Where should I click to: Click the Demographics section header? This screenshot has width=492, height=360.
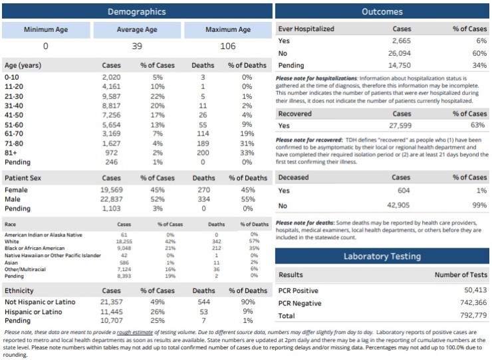136,11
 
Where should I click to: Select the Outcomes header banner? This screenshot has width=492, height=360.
382,11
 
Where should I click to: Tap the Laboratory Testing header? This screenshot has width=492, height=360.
382,256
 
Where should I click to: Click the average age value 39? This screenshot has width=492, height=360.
136,46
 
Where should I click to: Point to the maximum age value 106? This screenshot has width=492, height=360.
228,46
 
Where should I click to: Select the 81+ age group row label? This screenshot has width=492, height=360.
12,151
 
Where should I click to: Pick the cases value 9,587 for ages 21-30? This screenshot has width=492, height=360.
111,96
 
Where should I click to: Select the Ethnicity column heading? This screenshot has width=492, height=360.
19,291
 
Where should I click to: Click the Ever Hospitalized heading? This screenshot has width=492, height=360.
306,29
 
